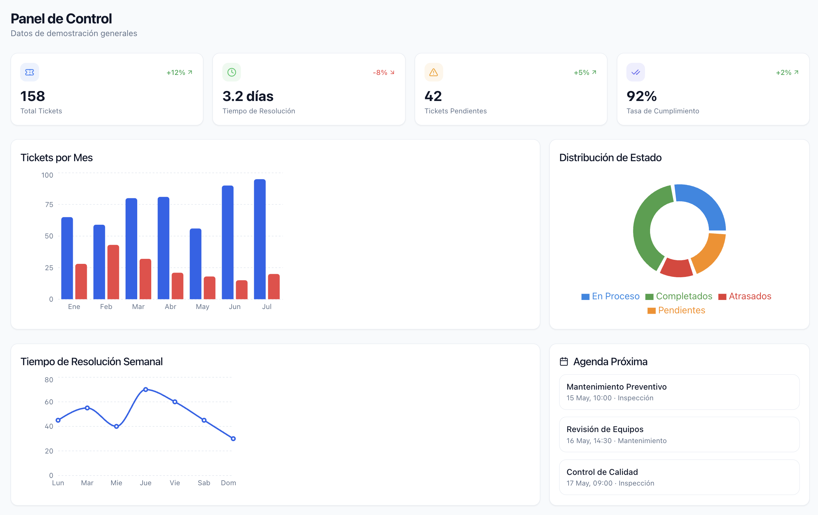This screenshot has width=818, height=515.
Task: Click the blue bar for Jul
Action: pos(260,239)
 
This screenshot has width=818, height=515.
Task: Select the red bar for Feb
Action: pos(113,272)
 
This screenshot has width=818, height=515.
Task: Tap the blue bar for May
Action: pos(196,264)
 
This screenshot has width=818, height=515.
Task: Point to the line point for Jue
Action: pos(146,390)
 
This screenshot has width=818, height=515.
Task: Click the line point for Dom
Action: pos(233,439)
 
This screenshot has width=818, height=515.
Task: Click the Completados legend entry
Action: pos(679,296)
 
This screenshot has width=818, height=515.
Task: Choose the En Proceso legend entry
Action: pos(610,296)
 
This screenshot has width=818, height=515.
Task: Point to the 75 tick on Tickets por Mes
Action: pos(49,204)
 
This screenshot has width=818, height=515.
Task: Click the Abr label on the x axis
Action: pos(171,307)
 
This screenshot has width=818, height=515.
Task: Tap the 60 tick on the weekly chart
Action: pos(49,402)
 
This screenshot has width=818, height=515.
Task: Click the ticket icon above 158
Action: pos(30,72)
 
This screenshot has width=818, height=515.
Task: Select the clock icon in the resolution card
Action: pos(232,72)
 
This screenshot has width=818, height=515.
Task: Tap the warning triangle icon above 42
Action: pos(434,72)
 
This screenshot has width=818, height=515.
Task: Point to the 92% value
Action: pos(642,96)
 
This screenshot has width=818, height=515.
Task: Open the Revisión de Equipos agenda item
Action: pos(679,434)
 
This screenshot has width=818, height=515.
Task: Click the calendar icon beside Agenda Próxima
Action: pos(564,362)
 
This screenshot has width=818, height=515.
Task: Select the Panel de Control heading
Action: pos(61,19)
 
